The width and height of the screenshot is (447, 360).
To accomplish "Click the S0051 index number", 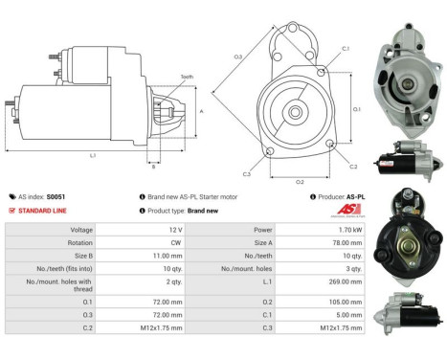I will pyautogui.click(x=58, y=195).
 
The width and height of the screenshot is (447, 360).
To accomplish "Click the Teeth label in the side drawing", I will pyautogui.click(x=186, y=77).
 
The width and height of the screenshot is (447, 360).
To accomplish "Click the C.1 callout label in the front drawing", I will pyautogui.click(x=346, y=48).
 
